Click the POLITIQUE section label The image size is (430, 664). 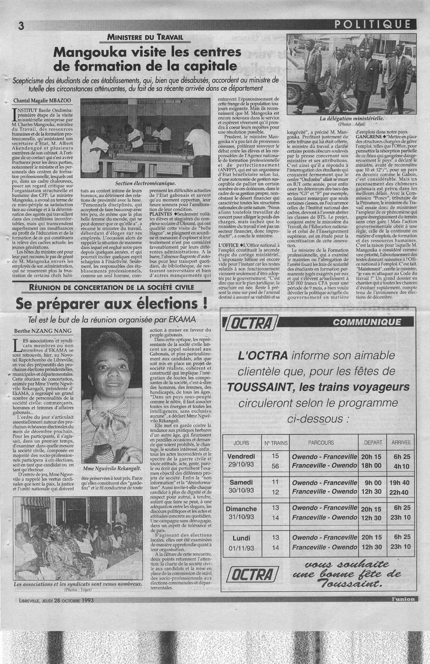tap(373, 24)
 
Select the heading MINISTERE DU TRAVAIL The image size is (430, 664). tap(145, 37)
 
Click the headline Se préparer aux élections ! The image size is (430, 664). tap(111, 304)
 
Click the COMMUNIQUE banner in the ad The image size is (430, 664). tap(367, 322)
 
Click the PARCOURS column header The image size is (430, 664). tap(321, 443)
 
